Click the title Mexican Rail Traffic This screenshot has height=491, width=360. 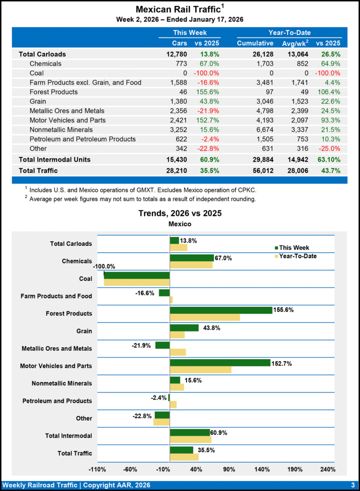(x=177, y=9)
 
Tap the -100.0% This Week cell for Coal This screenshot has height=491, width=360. (x=206, y=73)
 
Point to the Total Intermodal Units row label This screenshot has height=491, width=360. (x=55, y=159)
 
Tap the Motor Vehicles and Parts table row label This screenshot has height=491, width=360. (x=68, y=120)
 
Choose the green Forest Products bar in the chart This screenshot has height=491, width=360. (x=221, y=310)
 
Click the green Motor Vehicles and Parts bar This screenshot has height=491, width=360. (x=220, y=362)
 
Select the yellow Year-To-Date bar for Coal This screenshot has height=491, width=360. (x=137, y=282)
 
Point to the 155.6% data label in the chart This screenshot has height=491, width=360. (x=283, y=310)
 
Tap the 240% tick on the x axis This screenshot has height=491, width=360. (x=327, y=469)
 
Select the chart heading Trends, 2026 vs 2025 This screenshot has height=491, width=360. (x=180, y=213)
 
